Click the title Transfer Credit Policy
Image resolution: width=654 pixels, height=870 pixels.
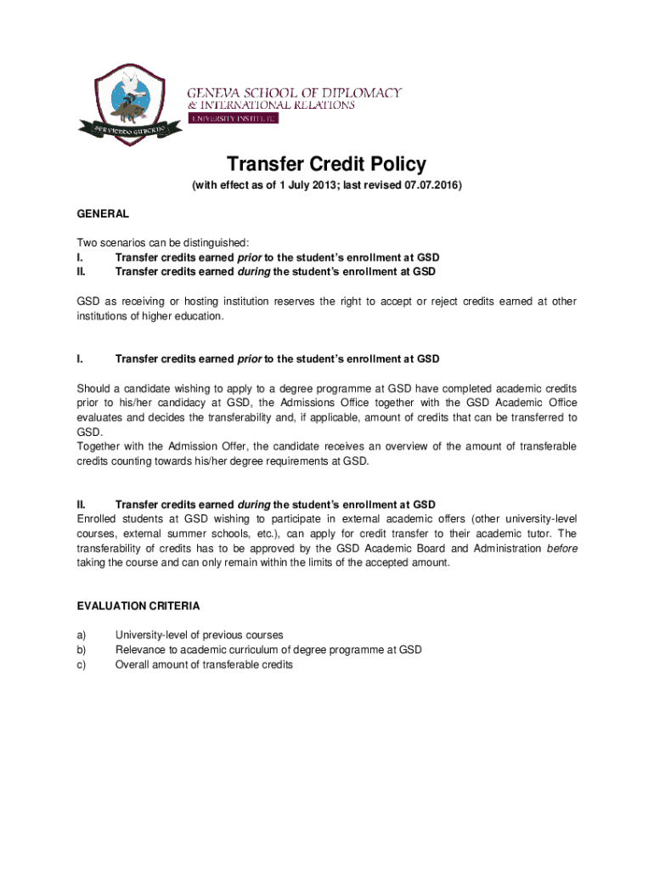326,164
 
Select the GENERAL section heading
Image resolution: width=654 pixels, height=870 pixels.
103,214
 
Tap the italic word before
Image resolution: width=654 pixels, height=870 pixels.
561,548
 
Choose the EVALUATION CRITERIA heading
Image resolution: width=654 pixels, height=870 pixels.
138,606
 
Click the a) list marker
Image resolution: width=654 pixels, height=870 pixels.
81,635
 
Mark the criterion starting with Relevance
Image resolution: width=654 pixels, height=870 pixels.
268,650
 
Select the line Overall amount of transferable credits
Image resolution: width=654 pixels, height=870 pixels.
204,664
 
